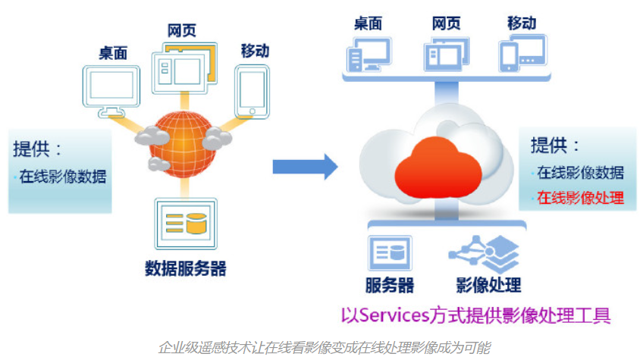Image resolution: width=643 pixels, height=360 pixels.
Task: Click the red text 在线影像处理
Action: tap(580, 199)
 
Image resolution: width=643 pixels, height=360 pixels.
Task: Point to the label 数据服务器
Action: tap(186, 268)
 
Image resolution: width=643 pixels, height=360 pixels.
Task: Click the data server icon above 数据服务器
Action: tap(185, 223)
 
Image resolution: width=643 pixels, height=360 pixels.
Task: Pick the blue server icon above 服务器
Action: tap(390, 253)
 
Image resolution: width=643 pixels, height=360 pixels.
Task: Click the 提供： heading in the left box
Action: tap(37, 148)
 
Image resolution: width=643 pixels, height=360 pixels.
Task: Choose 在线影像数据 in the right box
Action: tap(580, 172)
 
